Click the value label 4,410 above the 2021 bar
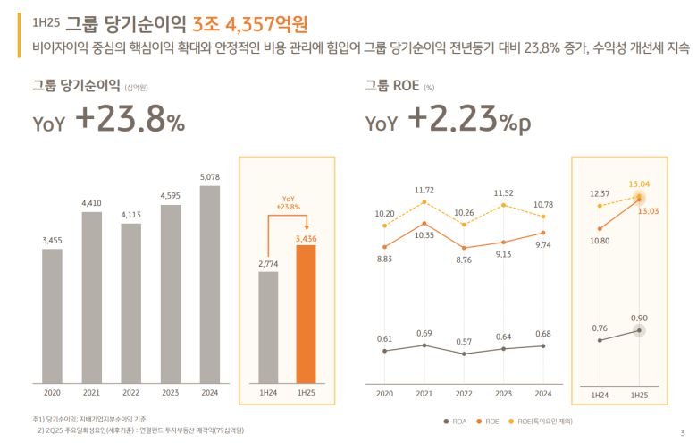92,203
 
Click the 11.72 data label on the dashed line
424,190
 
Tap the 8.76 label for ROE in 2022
463,260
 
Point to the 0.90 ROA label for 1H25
639,318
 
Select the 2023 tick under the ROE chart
503,393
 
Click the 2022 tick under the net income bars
130,393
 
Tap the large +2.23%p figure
469,119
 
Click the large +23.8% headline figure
130,119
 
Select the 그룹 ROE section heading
392,86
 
